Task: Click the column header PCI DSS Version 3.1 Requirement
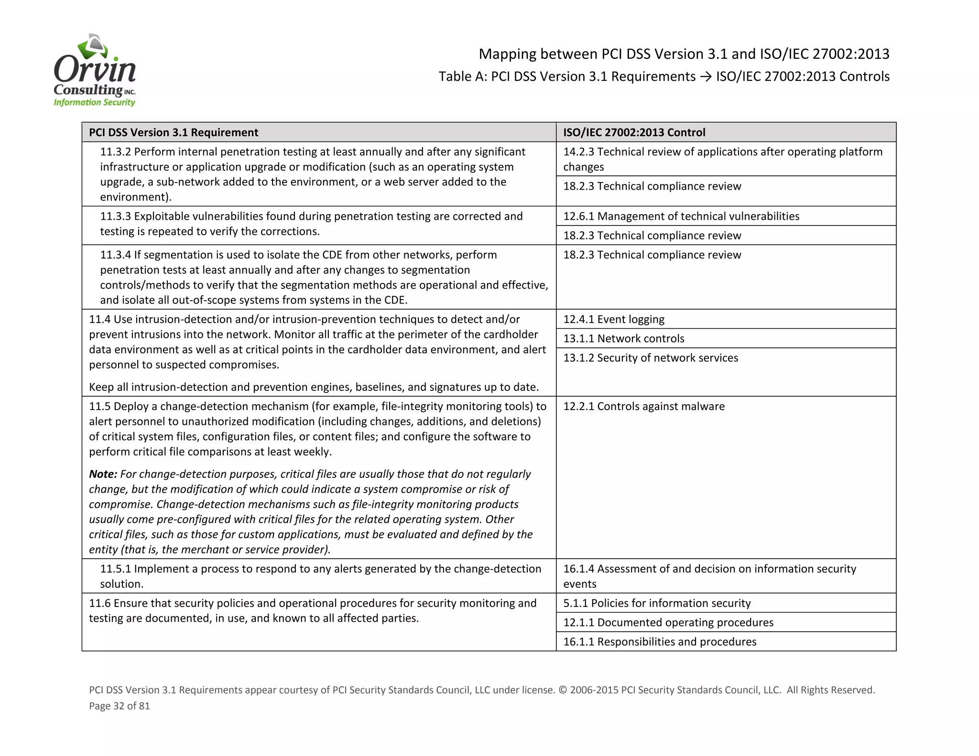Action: pos(174,132)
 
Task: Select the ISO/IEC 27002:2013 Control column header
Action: pos(634,132)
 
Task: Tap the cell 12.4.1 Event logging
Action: pos(614,319)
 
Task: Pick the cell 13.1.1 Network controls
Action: pos(623,339)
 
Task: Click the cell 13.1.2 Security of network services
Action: pos(650,358)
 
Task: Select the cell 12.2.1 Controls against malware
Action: pos(643,406)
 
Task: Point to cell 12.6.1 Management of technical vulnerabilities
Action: pos(681,216)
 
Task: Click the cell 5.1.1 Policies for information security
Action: pos(657,603)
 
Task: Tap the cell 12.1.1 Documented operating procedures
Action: pos(668,623)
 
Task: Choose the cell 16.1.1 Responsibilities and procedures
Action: pos(660,642)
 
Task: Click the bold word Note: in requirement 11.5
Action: pos(103,474)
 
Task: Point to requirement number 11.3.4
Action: pos(115,255)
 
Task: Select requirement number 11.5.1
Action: pos(115,569)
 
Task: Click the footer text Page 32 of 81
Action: pos(120,706)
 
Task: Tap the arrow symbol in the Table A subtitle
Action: pos(706,77)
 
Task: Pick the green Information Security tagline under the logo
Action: pos(94,102)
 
